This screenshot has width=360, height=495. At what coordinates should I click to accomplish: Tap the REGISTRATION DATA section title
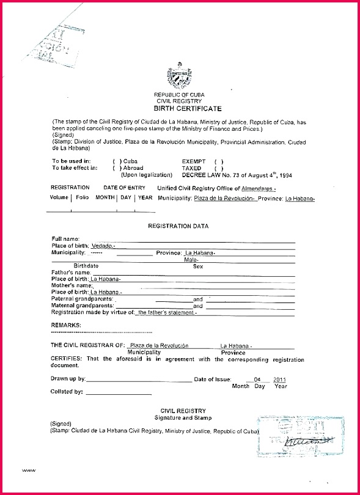coord(178,226)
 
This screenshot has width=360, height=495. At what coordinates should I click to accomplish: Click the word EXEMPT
coord(194,161)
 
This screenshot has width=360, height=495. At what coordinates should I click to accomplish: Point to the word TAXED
coord(191,167)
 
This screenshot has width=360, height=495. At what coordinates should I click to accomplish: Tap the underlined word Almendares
coord(258,188)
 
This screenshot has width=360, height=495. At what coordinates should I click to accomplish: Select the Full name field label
coord(66,238)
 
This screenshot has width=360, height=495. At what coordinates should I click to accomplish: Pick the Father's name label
coord(71,272)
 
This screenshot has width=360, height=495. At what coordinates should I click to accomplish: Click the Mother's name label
coord(72,285)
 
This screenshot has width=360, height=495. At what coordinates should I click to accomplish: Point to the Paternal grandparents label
coord(82,298)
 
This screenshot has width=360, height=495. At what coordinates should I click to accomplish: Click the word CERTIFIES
coord(67,359)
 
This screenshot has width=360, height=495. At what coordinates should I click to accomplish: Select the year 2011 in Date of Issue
coord(280,379)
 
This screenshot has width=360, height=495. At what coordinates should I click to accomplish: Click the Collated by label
coord(67,392)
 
